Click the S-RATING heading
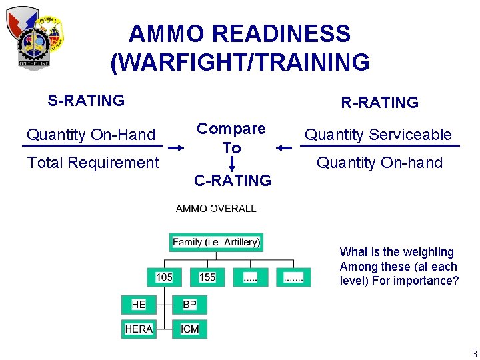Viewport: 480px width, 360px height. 86,101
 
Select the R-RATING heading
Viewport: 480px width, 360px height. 379,103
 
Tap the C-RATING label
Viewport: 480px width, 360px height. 232,181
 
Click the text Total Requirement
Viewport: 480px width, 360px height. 93,163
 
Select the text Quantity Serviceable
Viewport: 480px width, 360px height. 378,135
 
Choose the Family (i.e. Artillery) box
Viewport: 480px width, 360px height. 216,242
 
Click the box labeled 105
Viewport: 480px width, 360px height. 164,277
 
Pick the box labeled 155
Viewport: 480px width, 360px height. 207,277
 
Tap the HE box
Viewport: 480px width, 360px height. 139,305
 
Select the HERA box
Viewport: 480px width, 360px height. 139,329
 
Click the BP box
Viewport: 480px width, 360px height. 189,305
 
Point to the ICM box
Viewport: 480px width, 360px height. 189,329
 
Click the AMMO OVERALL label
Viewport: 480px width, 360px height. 216,209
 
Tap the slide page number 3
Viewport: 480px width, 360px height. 474,354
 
